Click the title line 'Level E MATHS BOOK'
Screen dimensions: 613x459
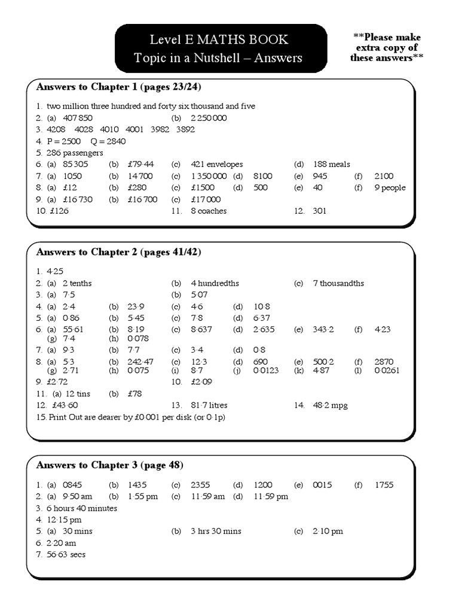click(219, 40)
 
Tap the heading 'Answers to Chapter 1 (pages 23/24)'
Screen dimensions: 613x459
click(118, 87)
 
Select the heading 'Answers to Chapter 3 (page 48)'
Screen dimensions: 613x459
click(109, 465)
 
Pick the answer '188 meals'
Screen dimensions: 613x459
click(331, 165)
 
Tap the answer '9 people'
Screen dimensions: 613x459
click(390, 188)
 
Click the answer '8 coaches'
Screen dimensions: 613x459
click(209, 211)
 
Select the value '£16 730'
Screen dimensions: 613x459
click(77, 199)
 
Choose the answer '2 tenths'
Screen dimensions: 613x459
click(77, 283)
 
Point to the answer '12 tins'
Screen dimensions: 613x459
click(78, 393)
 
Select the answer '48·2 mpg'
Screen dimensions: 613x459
click(330, 405)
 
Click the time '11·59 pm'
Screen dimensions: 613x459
click(271, 496)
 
